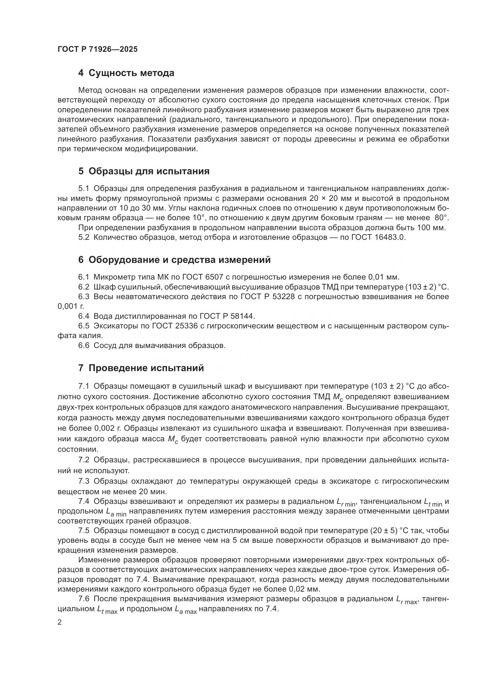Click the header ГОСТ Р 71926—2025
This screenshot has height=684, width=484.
click(97, 49)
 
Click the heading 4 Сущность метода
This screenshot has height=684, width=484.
click(126, 73)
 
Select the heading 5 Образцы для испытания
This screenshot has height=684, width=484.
click(144, 171)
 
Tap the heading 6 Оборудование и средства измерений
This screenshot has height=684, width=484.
click(174, 259)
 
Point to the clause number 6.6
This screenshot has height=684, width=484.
click(84, 346)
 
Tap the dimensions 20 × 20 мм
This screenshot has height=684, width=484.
click(324, 198)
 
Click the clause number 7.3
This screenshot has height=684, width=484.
click(84, 481)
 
